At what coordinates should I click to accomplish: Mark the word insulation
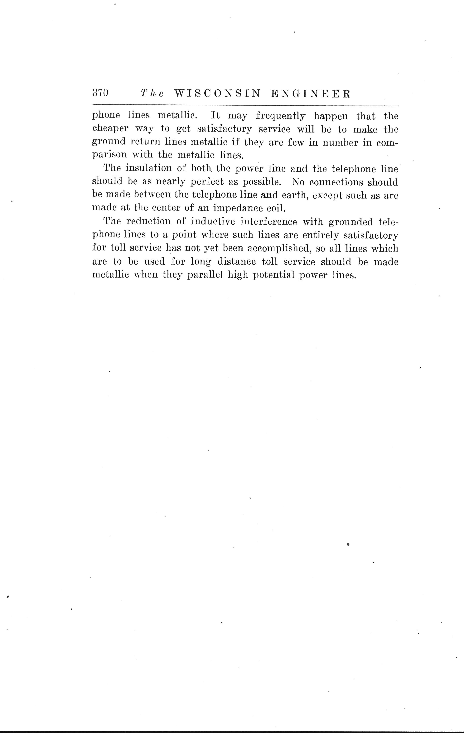pyautogui.click(x=149, y=168)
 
